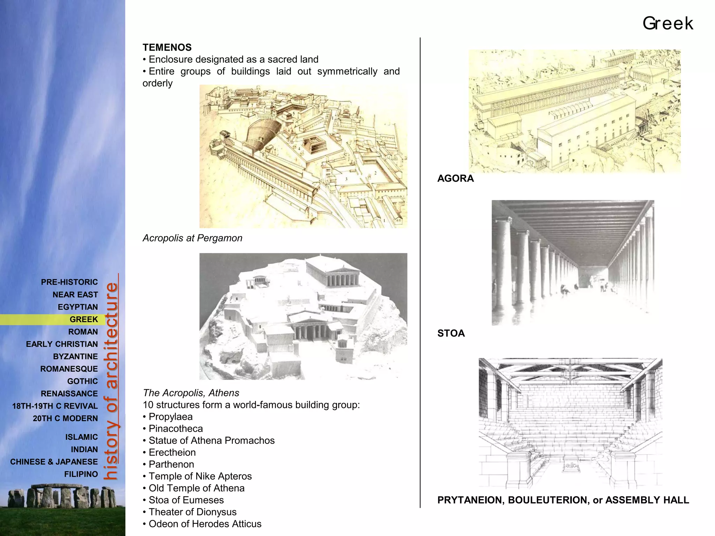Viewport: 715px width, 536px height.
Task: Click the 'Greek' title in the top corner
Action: pos(668,24)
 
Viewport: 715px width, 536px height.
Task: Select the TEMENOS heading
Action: pos(167,47)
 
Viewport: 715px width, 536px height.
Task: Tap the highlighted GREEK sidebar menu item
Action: pos(84,319)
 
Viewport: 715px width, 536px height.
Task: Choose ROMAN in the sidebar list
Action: pos(83,332)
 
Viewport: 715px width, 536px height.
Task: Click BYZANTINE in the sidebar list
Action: pos(75,357)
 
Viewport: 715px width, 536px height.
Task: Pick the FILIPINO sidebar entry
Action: pos(81,474)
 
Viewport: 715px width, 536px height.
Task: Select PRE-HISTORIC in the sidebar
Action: pos(69,282)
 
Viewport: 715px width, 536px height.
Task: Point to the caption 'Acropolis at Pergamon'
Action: pos(192,238)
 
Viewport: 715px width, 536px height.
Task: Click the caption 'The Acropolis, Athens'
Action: pos(191,393)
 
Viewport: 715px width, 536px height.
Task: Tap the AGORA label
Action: pos(456,178)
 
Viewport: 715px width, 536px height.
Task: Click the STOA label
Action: pos(451,333)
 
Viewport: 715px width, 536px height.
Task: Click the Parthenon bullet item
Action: pos(171,464)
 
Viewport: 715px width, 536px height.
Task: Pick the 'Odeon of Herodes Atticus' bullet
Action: pos(205,524)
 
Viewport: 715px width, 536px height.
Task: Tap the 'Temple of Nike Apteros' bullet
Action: pos(200,476)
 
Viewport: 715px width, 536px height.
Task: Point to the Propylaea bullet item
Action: pos(171,417)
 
